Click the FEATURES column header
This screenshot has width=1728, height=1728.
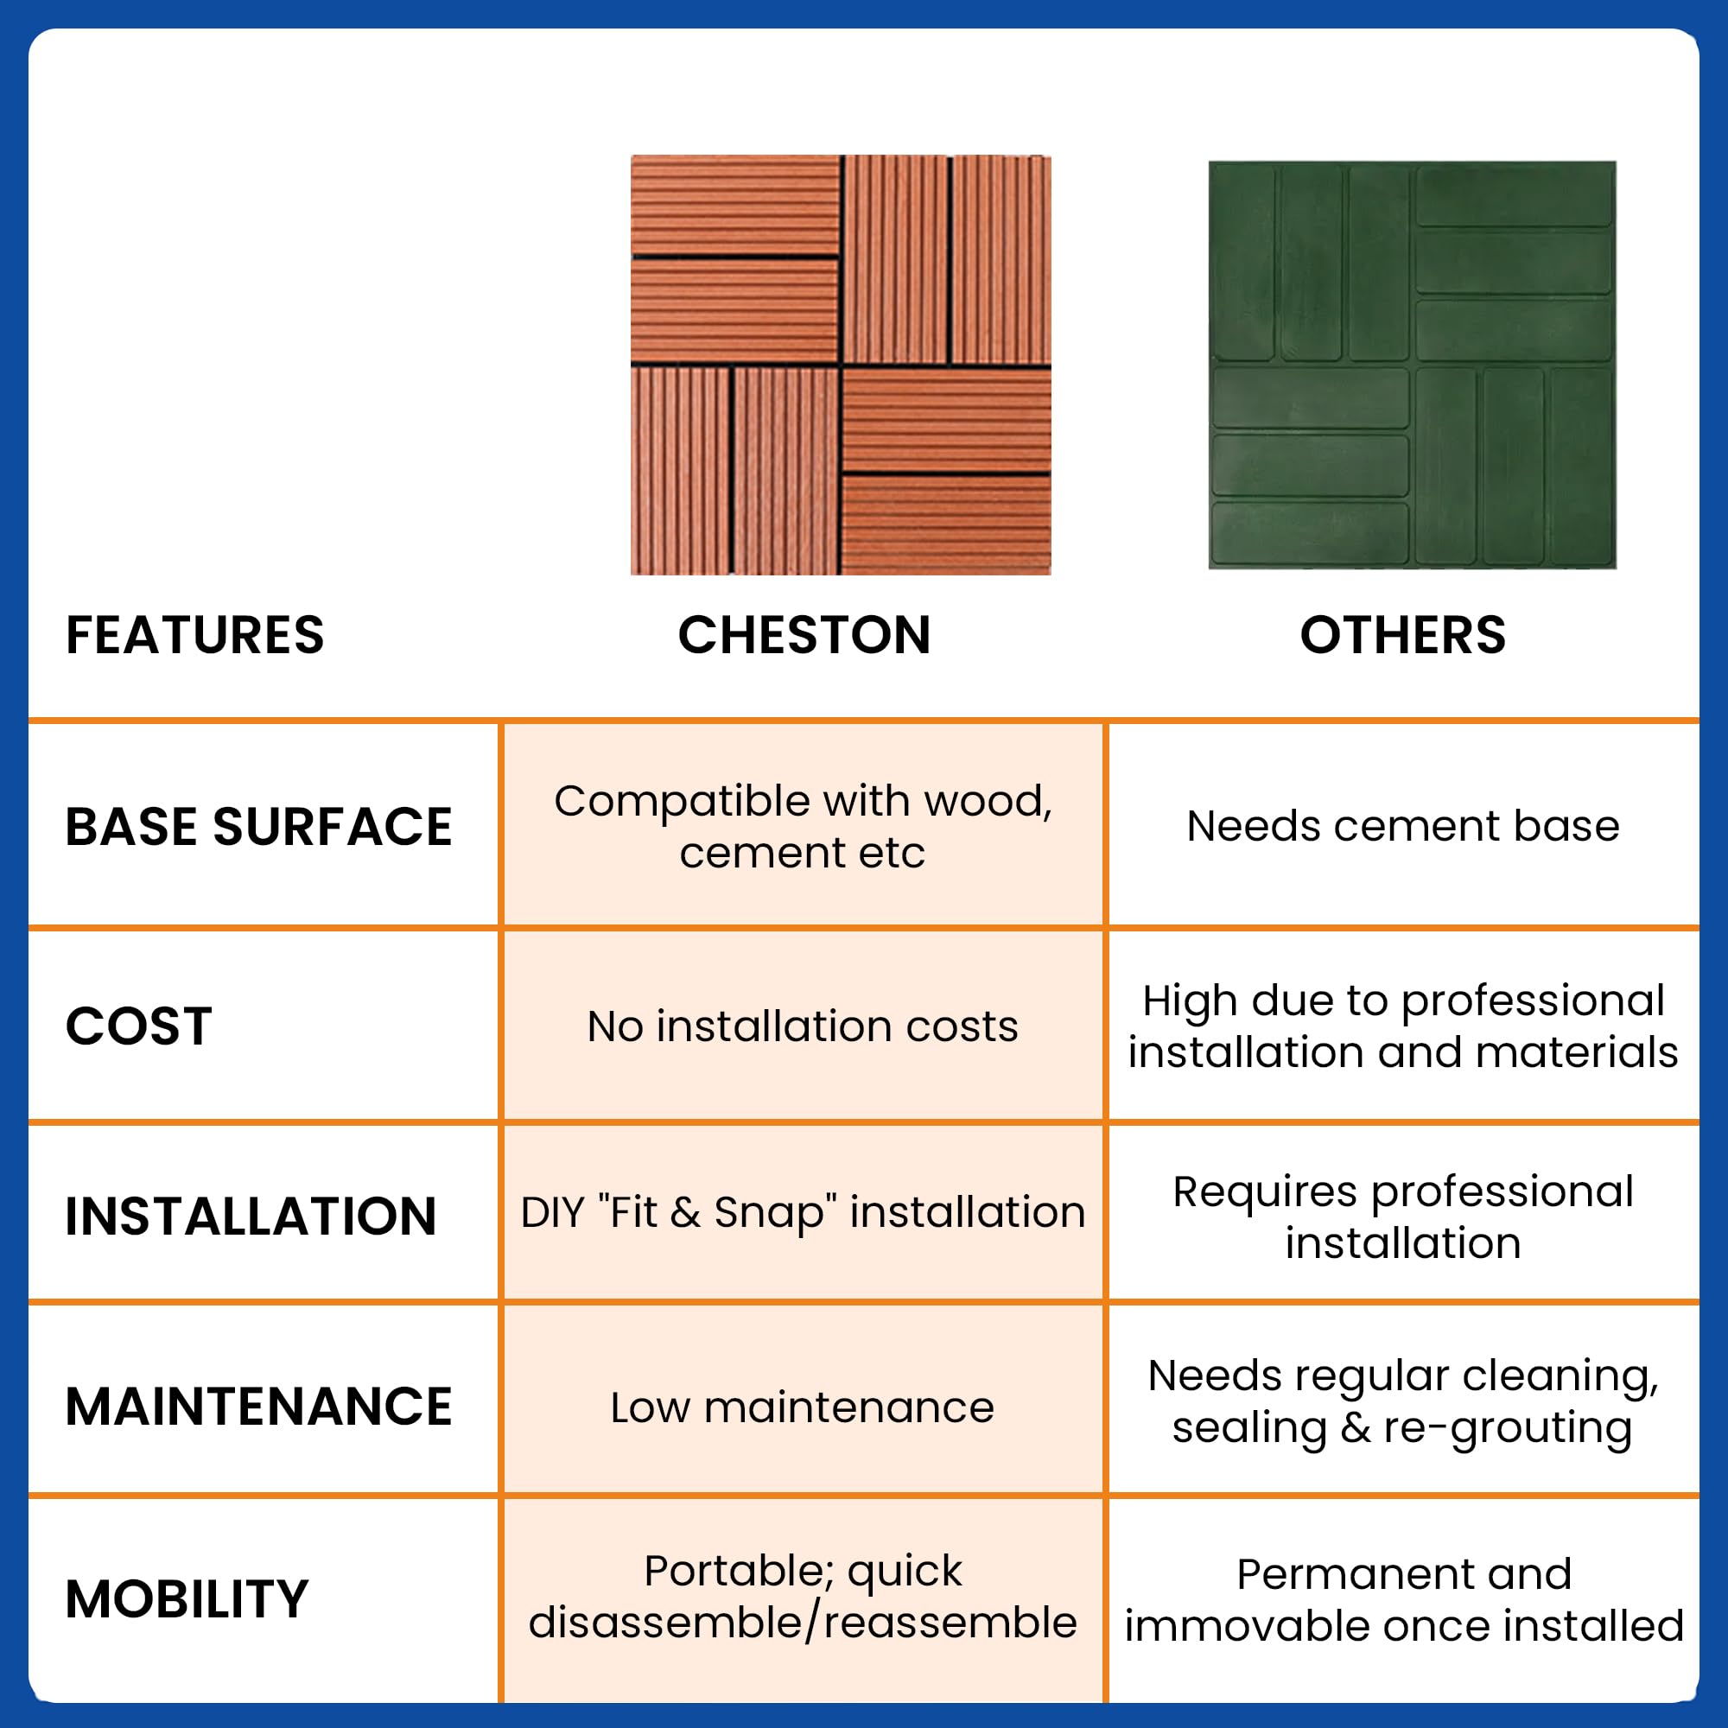195,635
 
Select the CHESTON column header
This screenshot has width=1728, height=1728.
804,635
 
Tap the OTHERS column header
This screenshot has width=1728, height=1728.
1402,635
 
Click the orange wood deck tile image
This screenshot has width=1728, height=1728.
840,365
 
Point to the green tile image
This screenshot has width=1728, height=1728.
1412,365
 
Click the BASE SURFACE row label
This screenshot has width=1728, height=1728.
258,827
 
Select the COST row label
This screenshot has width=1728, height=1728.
138,1026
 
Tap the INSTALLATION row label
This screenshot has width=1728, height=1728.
251,1217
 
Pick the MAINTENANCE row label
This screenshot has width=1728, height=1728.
258,1407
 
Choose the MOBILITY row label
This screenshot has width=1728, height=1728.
187,1599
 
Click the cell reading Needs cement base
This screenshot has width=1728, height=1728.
1402,825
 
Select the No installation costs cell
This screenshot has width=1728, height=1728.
803,1026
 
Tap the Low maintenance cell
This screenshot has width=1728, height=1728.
803,1407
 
